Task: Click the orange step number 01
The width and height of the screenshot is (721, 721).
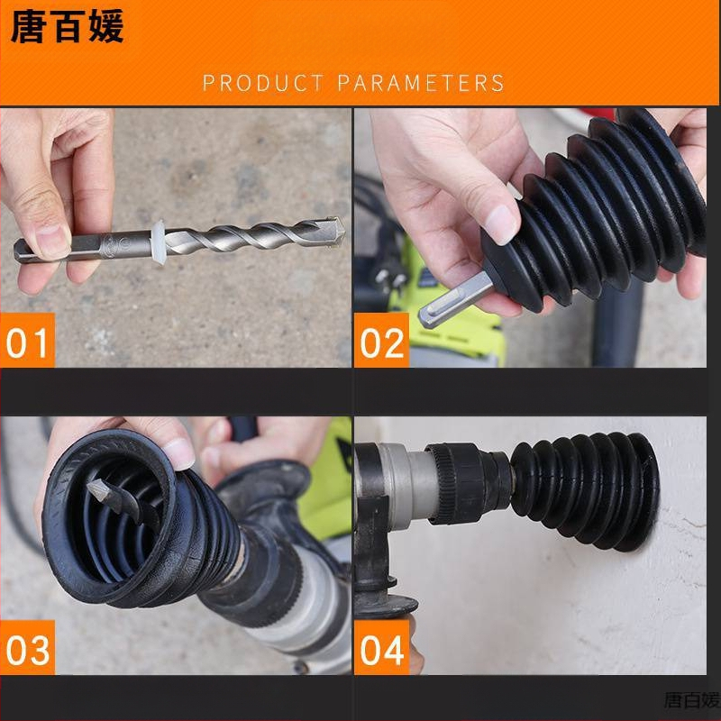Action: (27, 342)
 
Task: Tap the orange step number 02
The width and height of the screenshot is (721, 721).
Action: (381, 342)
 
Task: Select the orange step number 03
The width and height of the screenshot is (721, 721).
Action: (28, 650)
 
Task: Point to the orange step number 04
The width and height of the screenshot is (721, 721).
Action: (381, 650)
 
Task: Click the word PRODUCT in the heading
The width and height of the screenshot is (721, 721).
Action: (263, 83)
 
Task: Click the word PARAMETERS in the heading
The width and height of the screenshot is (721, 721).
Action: (421, 83)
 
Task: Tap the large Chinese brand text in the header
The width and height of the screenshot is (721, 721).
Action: (67, 27)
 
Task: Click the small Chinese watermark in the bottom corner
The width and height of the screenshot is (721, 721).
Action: (691, 700)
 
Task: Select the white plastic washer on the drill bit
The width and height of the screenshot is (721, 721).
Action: (159, 242)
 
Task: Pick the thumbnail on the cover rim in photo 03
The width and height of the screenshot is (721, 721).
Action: (179, 452)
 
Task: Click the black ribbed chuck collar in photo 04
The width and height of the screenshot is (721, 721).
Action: (464, 483)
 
